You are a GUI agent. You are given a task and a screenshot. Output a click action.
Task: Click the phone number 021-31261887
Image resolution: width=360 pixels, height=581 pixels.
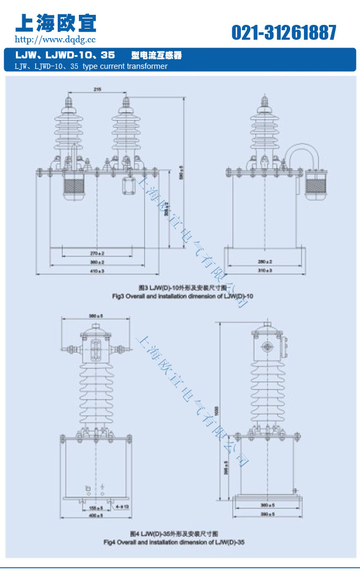coord(284,33)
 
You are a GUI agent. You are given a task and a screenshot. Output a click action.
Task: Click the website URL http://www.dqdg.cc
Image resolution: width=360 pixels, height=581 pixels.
coord(55,39)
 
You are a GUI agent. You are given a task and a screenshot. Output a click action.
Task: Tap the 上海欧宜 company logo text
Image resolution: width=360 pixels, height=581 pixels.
coord(56,22)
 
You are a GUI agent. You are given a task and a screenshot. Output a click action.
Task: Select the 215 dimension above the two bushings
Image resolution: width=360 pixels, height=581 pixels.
coord(97,90)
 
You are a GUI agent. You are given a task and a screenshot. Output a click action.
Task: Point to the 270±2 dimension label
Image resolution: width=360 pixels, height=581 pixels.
coord(97,254)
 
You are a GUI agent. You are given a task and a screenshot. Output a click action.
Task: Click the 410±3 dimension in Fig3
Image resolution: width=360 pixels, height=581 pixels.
coord(97,271)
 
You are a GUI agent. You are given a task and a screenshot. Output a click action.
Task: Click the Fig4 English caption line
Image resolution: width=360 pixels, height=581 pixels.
coord(174,542)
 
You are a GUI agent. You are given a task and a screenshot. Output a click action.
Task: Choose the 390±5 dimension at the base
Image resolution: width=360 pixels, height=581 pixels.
coord(268,514)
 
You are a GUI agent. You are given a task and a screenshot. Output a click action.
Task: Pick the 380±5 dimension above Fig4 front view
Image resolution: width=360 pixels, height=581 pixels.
coord(96,316)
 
